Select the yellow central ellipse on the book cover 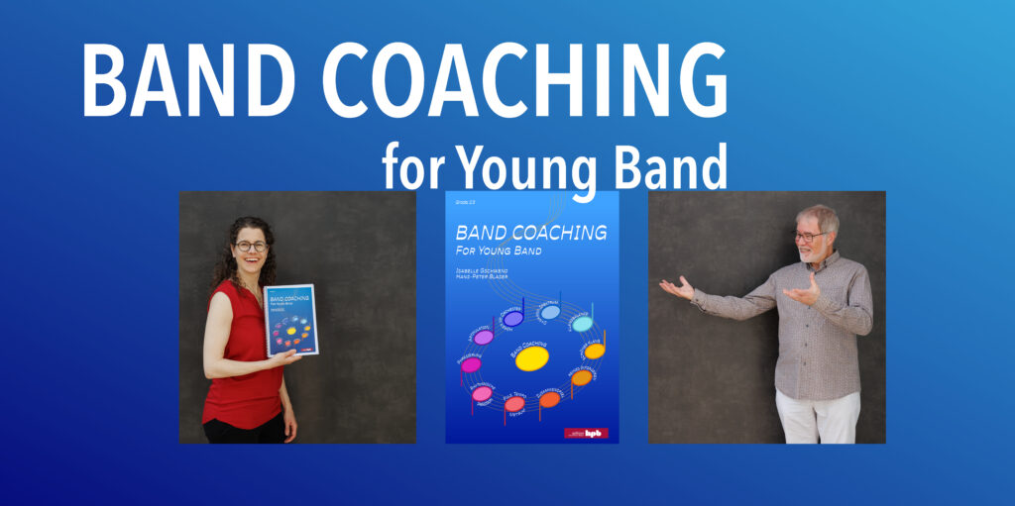coord(532,358)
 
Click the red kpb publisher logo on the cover coord(586,433)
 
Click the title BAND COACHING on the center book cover coord(530,234)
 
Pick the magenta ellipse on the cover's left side coord(471,364)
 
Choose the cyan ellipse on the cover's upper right coord(582,324)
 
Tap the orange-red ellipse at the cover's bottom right coord(549,400)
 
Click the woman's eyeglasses coord(251,246)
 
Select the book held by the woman coord(290,320)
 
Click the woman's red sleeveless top coord(241,356)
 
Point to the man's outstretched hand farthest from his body coord(677,287)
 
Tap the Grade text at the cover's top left coord(464,202)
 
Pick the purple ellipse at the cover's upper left coord(484,337)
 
